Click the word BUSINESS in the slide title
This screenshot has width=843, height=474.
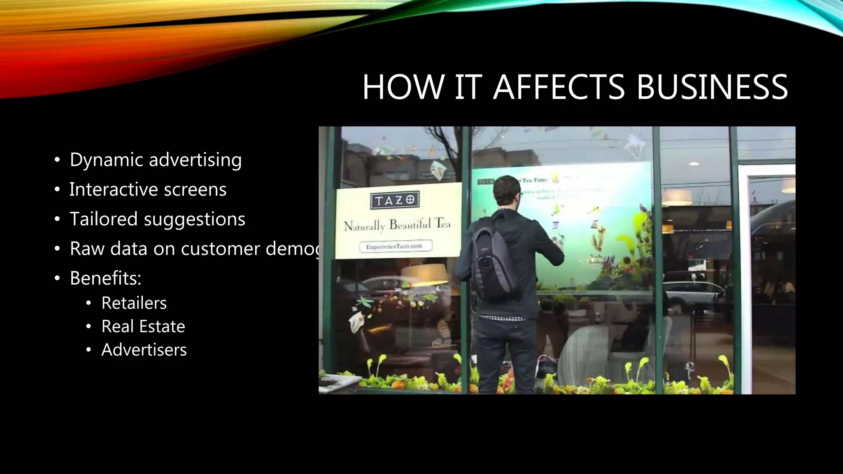point(712,87)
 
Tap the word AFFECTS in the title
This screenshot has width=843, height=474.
point(559,87)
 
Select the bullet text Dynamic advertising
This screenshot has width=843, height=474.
point(156,160)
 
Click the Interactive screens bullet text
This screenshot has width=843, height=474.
point(148,190)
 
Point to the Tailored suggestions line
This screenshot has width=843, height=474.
point(157,219)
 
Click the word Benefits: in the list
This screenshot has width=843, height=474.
point(105,279)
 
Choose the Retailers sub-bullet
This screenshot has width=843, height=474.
point(134,303)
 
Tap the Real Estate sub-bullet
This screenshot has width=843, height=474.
point(143,327)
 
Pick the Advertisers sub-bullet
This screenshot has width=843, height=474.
point(144,350)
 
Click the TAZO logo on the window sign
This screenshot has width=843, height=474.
point(395,200)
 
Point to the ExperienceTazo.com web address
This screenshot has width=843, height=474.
point(395,246)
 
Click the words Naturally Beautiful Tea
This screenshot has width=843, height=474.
point(397,225)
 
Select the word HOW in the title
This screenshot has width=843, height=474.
point(403,87)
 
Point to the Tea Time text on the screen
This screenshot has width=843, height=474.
point(534,180)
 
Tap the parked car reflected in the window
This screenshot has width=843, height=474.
point(692,292)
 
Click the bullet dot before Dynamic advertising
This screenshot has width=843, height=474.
point(57,160)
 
